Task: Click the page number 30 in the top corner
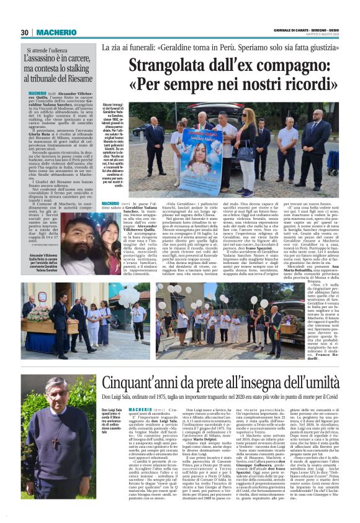pos(24,33)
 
